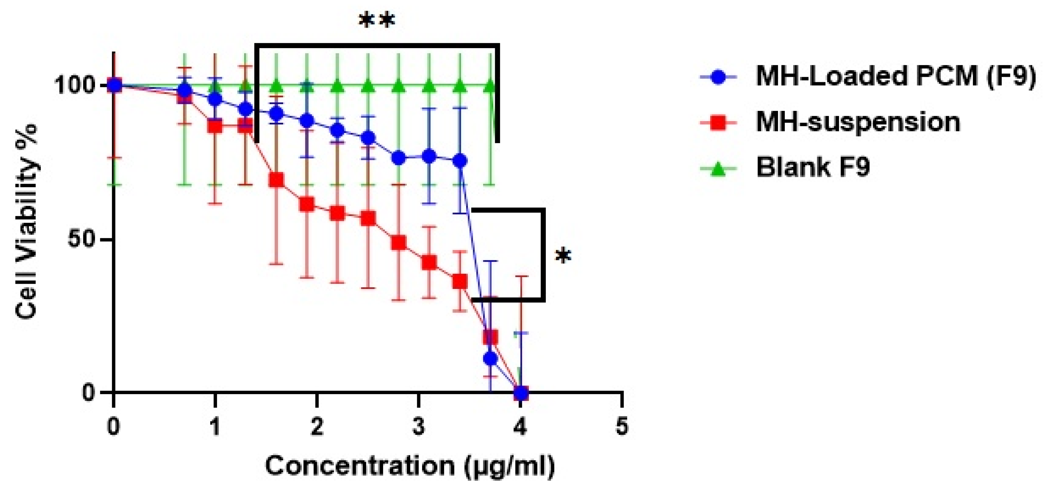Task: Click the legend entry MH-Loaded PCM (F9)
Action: coord(895,76)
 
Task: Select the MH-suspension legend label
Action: coord(858,121)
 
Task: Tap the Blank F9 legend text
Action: coord(813,167)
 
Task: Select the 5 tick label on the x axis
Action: coord(622,427)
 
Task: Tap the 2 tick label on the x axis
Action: coord(317,427)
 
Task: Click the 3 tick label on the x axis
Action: coord(418,427)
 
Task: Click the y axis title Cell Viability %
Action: coord(26,222)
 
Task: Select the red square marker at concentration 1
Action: coord(215,126)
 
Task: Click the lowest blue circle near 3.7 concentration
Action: coord(490,358)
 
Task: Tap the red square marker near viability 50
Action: coord(399,243)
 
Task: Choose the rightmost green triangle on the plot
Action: coord(490,86)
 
